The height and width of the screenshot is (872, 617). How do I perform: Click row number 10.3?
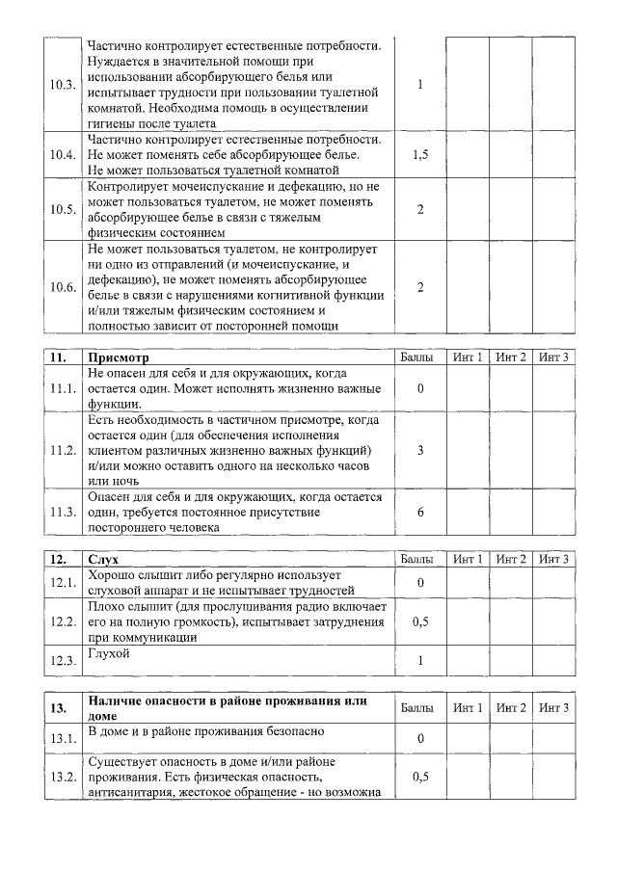63,85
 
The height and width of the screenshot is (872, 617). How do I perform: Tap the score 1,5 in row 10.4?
419,155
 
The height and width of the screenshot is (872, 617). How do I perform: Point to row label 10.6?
63,287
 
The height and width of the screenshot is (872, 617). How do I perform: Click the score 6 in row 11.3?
420,512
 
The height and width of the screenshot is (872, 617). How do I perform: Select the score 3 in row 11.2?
420,450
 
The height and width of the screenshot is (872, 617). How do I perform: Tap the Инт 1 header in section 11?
467,357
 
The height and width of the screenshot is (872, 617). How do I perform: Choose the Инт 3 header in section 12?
554,559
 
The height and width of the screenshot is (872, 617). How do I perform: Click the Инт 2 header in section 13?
510,708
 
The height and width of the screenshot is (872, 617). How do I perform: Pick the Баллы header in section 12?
419,559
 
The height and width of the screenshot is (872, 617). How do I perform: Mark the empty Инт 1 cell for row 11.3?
467,512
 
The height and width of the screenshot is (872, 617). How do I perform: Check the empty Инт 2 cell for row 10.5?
510,209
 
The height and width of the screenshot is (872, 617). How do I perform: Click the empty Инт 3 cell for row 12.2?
554,621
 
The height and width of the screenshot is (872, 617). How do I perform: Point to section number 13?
59,708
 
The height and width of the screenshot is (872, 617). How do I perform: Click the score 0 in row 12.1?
420,582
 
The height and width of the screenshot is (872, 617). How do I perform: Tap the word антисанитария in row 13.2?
131,793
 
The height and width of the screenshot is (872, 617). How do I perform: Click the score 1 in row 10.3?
420,85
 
